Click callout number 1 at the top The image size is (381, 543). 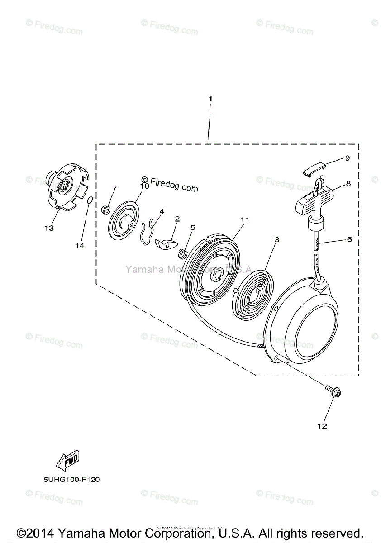coord(210,98)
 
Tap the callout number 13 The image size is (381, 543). coord(49,228)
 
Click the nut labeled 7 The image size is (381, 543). coord(107,209)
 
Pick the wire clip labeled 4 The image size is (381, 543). coord(146,231)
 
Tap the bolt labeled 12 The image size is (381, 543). coord(335,393)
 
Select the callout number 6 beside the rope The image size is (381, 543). coord(349,239)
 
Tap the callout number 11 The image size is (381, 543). coord(245,219)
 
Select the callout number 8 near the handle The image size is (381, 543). coord(348,184)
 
